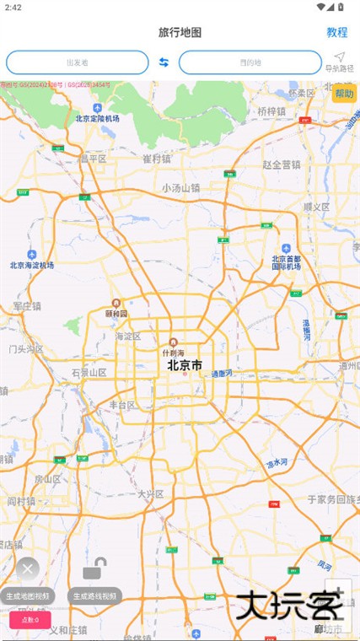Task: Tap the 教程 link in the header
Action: (337, 32)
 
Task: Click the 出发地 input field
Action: (77, 62)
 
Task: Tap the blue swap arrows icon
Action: (164, 62)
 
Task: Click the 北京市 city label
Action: (185, 366)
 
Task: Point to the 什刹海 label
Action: (173, 353)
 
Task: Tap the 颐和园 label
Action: (116, 313)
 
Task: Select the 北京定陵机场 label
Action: (98, 119)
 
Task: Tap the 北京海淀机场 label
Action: (32, 265)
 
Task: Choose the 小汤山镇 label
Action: (181, 188)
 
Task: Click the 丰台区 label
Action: (123, 405)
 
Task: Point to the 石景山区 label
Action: (89, 372)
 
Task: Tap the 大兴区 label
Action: (150, 493)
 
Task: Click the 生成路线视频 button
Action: (95, 595)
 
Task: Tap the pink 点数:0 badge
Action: (30, 620)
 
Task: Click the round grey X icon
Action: (28, 569)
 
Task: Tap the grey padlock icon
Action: (94, 569)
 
